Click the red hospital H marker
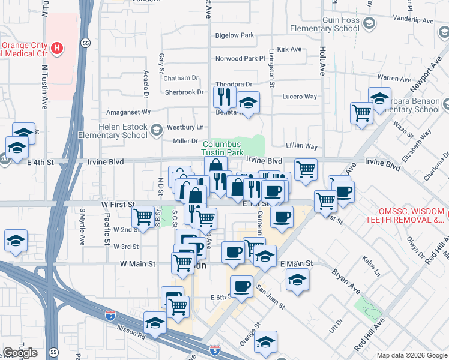tap(57, 47)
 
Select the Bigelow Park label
tap(235, 36)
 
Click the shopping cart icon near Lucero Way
tap(361, 112)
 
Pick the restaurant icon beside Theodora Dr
tap(224, 96)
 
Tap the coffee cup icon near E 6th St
tap(241, 286)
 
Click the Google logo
tap(20, 352)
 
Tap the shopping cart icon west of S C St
tap(143, 217)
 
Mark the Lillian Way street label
tap(301, 146)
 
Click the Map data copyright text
tap(412, 355)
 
